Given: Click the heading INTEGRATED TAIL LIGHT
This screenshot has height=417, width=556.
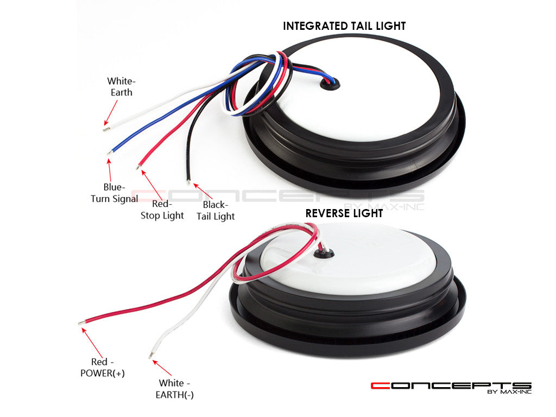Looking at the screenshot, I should coord(344,26).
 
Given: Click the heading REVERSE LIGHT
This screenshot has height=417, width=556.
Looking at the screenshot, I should coord(344,213).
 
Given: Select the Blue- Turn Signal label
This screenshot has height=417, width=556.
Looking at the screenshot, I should coord(114,193).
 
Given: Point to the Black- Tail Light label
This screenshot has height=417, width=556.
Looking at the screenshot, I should coord(216,211).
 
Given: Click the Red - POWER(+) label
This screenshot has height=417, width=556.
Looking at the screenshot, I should coord(102,368).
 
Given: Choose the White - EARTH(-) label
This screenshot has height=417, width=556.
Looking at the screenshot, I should coord(174,389).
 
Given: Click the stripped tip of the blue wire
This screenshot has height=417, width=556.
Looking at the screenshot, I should coord(110,153).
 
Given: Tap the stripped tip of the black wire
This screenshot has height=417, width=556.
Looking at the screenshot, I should coord(188,182).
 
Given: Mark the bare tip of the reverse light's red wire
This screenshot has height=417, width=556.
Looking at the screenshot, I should coord(81,323).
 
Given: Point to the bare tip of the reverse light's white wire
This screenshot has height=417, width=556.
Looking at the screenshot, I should coord(150,356).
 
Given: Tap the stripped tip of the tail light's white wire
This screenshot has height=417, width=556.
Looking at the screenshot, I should coord(105,129).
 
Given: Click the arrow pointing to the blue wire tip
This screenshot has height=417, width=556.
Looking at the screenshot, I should coord(109,169).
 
